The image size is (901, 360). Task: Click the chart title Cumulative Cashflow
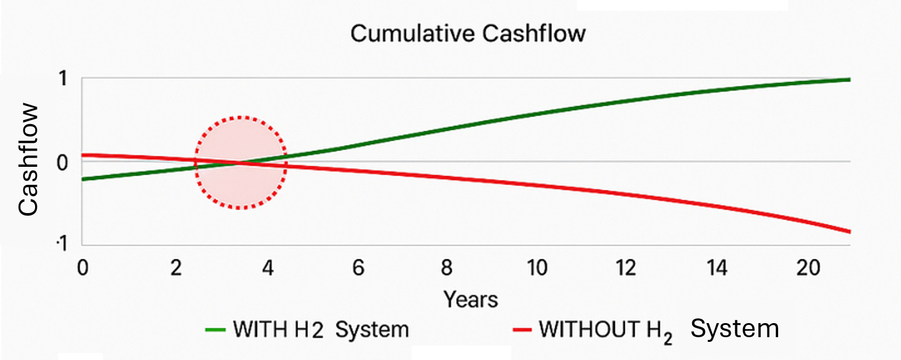pyautogui.click(x=467, y=33)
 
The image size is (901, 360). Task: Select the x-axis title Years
pyautogui.click(x=470, y=300)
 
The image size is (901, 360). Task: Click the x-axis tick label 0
pyautogui.click(x=82, y=269)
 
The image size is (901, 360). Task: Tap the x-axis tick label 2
pyautogui.click(x=176, y=269)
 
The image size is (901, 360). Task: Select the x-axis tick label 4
pyautogui.click(x=267, y=269)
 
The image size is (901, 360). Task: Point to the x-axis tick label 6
pyautogui.click(x=357, y=269)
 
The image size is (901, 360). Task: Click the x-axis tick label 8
pyautogui.click(x=447, y=269)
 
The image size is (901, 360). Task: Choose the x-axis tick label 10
pyautogui.click(x=537, y=269)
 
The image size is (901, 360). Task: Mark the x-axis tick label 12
pyautogui.click(x=627, y=269)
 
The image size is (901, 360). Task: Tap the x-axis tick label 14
pyautogui.click(x=717, y=269)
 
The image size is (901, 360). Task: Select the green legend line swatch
pyautogui.click(x=216, y=330)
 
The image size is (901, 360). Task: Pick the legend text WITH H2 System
pyautogui.click(x=321, y=330)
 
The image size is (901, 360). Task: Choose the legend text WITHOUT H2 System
pyautogui.click(x=659, y=330)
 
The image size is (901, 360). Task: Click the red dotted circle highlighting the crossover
pyautogui.click(x=240, y=163)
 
